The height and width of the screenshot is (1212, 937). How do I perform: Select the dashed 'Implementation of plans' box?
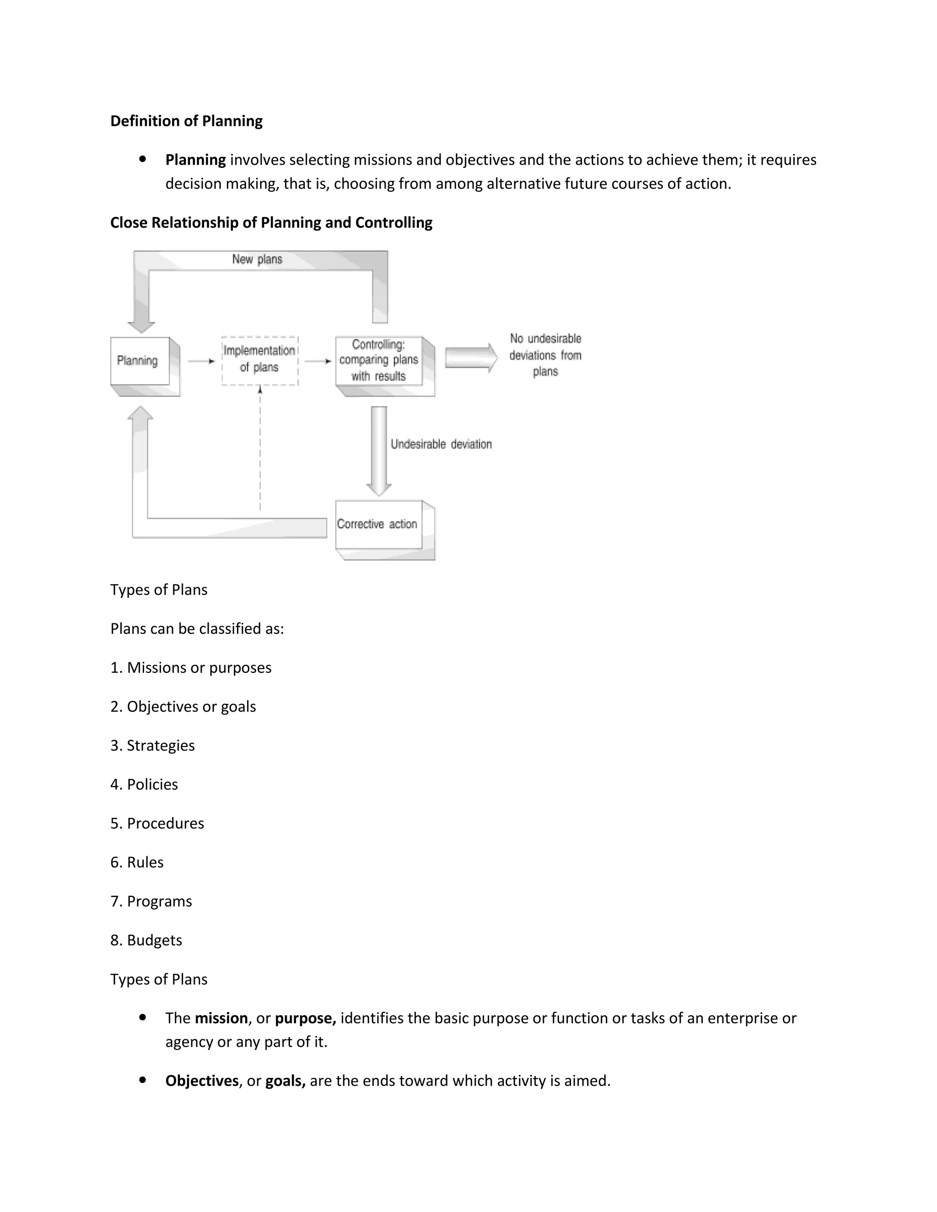[x=259, y=359]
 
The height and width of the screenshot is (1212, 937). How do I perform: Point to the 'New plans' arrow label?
[x=257, y=260]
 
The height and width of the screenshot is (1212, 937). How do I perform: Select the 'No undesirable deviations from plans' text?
[x=545, y=355]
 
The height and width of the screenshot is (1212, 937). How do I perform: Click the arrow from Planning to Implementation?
[x=201, y=361]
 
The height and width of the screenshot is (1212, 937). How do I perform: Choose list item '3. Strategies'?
[x=153, y=745]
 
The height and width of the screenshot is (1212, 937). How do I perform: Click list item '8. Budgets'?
[x=146, y=940]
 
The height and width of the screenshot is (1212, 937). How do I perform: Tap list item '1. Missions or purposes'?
[x=191, y=668]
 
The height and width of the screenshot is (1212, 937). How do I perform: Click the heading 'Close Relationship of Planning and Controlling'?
[x=271, y=223]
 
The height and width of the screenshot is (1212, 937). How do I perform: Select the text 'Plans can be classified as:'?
[x=197, y=629]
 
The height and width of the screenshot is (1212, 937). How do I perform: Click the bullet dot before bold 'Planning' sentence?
[x=143, y=159]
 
